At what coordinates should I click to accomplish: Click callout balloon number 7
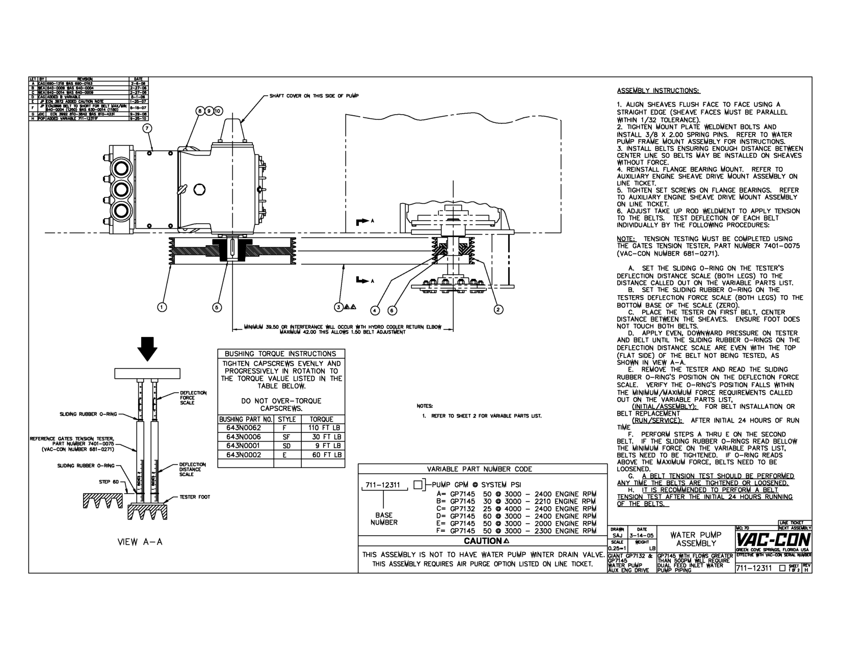click(x=147, y=128)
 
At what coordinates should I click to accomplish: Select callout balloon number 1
click(x=162, y=307)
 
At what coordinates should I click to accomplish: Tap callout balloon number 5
click(x=217, y=307)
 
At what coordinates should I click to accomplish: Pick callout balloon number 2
click(x=498, y=309)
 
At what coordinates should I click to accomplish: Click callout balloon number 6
click(x=393, y=309)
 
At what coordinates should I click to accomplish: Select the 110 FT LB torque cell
click(x=323, y=428)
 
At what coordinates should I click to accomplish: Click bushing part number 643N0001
click(x=243, y=446)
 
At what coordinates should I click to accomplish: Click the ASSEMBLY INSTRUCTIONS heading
click(x=659, y=91)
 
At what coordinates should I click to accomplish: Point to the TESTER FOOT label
click(x=194, y=497)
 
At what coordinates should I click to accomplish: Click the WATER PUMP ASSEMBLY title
click(x=696, y=539)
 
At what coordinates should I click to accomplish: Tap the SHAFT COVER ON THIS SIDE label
click(x=314, y=96)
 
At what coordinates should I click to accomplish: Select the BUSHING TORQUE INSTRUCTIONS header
click(x=280, y=354)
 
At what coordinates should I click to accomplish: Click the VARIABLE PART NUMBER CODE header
click(x=479, y=469)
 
